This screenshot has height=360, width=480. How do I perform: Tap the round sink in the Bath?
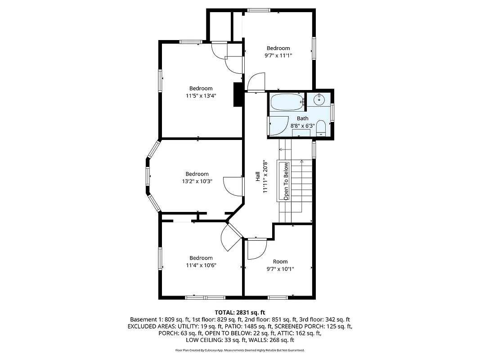click(320, 99)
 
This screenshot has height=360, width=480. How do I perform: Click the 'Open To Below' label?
click(286, 181)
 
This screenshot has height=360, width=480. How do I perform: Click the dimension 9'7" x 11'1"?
click(278, 56)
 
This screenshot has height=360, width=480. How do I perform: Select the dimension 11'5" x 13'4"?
click(201, 95)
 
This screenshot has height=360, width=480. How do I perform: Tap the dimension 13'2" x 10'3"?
click(197, 181)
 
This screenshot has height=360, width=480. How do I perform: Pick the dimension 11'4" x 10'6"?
click(201, 265)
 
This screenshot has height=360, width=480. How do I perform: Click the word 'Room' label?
click(280, 261)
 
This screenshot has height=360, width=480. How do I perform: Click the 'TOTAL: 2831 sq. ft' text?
click(240, 312)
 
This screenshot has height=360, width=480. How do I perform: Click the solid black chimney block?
click(238, 95)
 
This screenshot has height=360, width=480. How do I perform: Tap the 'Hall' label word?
click(258, 177)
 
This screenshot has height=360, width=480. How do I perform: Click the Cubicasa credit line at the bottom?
click(240, 350)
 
